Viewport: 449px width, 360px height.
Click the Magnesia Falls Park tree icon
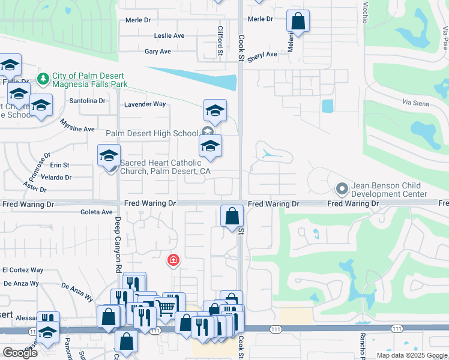click(x=43, y=79)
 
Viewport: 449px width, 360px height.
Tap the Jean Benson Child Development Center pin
click(x=342, y=190)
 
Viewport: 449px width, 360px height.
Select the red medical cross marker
click(x=173, y=260)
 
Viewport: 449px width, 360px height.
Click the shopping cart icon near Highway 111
click(x=165, y=308)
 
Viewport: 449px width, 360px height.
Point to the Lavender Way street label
click(x=145, y=104)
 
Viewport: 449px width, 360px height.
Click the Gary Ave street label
click(x=158, y=52)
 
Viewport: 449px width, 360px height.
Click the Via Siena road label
click(x=416, y=104)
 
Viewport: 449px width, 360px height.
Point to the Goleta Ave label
click(x=97, y=212)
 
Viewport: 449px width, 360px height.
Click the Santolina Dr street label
click(x=88, y=101)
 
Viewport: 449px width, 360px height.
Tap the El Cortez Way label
click(x=23, y=271)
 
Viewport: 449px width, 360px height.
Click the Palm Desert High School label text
click(x=152, y=133)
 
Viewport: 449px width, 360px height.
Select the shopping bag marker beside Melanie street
click(x=298, y=22)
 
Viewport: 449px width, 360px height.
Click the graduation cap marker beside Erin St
click(x=109, y=155)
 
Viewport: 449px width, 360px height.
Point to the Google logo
click(x=20, y=353)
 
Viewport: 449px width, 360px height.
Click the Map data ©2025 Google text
click(x=412, y=355)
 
